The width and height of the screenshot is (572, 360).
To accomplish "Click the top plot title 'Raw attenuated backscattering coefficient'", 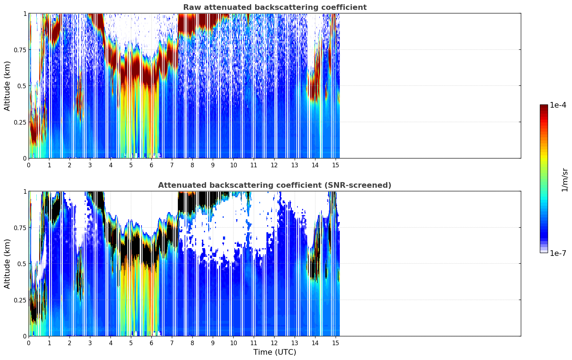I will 275,7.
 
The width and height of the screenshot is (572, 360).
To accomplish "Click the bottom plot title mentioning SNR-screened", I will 275,185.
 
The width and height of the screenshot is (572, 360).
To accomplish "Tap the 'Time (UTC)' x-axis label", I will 275,352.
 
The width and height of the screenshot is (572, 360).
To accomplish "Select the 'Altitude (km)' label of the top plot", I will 7,86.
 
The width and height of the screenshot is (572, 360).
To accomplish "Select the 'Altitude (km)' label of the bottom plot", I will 7,264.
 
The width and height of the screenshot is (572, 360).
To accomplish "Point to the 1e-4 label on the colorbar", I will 558,105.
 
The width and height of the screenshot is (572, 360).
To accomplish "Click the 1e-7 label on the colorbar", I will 558,253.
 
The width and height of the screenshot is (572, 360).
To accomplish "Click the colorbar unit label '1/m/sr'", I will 565,180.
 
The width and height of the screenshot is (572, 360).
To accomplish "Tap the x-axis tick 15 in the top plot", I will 336,165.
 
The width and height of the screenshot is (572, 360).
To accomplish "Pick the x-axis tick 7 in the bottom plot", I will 172,343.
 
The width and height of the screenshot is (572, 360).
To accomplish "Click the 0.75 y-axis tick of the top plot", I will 20,50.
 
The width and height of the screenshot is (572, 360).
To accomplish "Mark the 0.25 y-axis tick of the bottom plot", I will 20,300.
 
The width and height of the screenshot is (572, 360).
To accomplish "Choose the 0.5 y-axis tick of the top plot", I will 22,86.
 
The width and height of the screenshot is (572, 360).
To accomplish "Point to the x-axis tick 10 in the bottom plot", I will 233,343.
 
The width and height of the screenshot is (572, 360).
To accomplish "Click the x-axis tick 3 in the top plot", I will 90,165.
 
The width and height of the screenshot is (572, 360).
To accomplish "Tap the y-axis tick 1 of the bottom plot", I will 25,191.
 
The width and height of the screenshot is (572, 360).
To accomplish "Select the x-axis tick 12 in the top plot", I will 274,165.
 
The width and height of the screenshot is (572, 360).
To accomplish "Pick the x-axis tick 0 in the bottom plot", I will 29,343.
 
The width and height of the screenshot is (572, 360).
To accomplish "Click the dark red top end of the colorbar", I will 544,107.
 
